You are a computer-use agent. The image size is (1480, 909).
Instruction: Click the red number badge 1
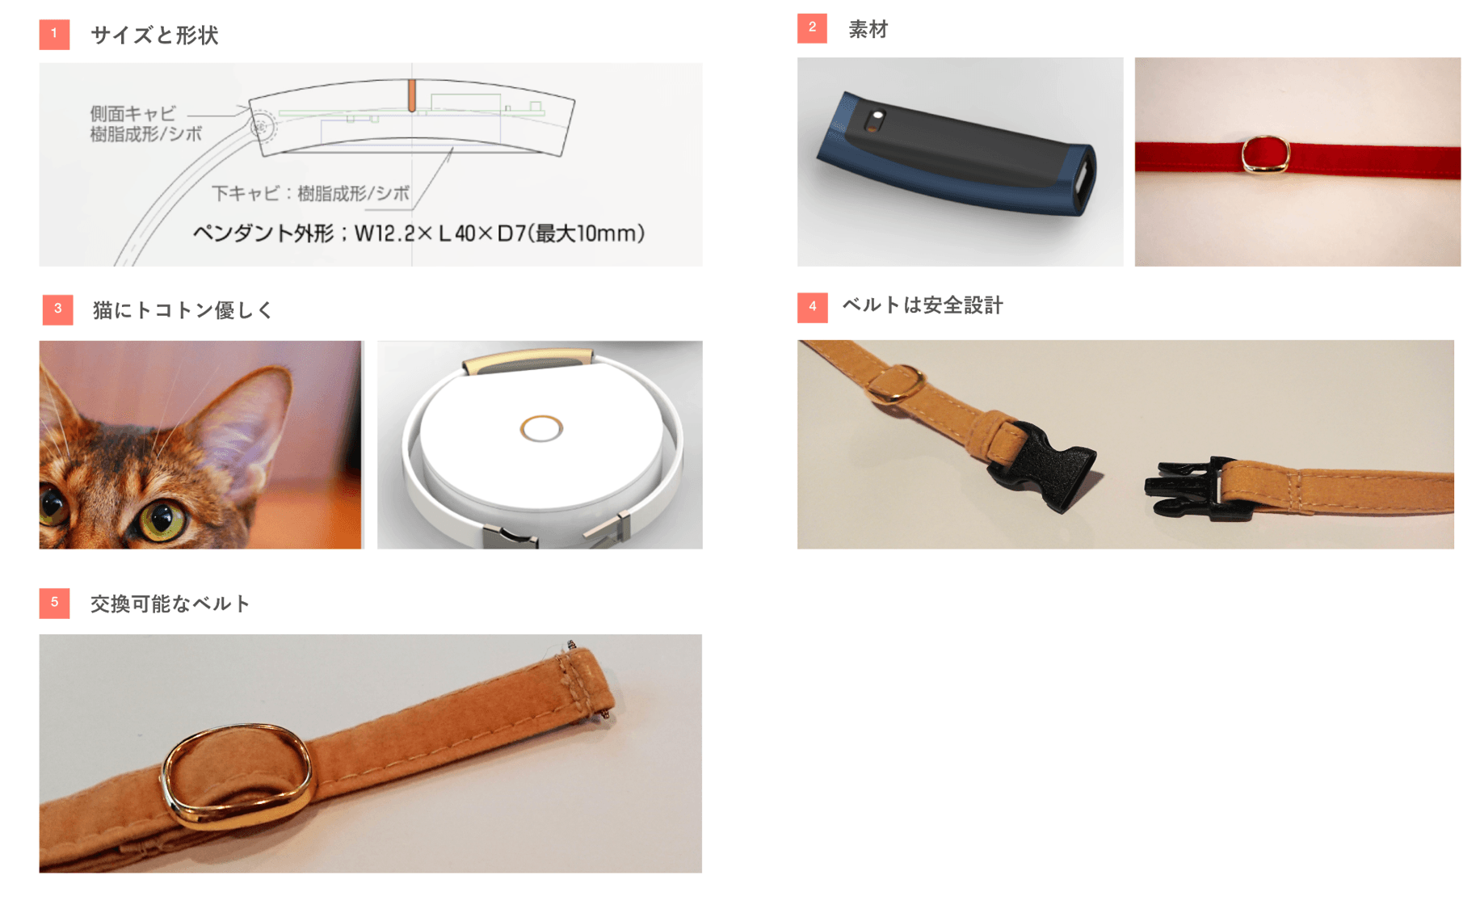(54, 34)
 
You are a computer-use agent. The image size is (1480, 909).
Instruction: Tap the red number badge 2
(812, 28)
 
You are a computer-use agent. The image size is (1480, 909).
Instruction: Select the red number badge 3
(57, 309)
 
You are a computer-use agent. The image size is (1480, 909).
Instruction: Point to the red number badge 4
(812, 307)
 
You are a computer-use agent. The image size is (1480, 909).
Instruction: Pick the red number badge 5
(54, 603)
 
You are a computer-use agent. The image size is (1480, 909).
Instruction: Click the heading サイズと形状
(154, 36)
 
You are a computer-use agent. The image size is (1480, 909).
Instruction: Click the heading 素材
(868, 30)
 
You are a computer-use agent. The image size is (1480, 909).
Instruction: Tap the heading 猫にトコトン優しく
(183, 310)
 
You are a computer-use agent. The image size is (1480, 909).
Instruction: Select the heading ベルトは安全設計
(923, 305)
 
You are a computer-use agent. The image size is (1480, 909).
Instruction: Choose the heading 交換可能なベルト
(170, 604)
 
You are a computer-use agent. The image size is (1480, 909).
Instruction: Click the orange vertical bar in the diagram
(412, 95)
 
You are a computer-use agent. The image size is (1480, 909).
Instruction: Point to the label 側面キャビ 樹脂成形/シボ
(145, 124)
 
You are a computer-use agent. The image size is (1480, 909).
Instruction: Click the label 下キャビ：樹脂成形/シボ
(311, 194)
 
